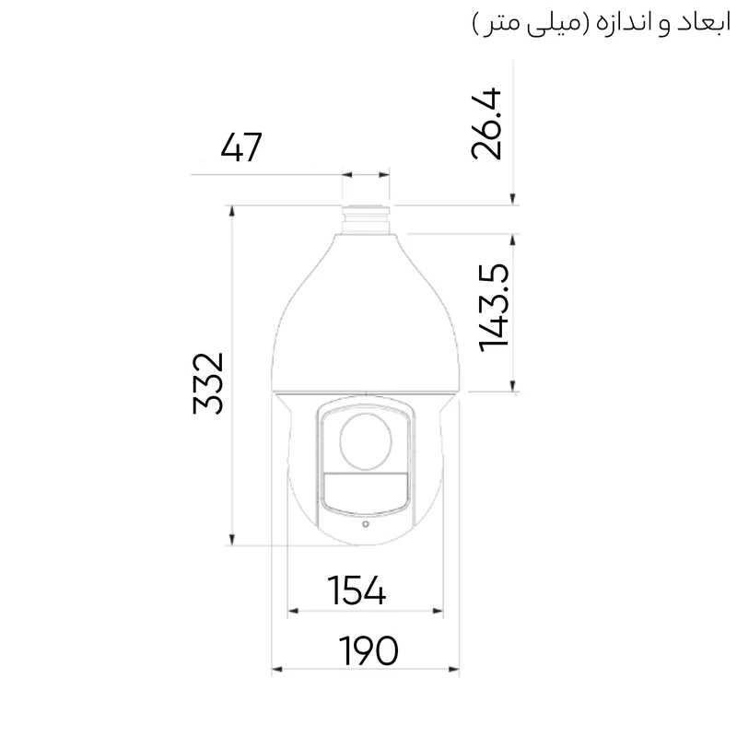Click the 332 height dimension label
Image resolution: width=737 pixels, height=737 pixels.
coord(209,382)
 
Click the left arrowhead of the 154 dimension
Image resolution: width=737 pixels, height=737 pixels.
coord(294,610)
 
